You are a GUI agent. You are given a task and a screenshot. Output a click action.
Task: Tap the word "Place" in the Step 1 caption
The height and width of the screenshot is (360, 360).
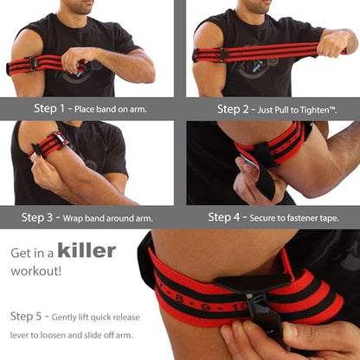coord(94,109)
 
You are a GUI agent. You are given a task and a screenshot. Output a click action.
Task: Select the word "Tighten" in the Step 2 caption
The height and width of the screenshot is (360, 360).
coord(321,109)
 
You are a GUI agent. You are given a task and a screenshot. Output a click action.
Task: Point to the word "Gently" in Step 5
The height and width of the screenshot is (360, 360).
coord(74,316)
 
